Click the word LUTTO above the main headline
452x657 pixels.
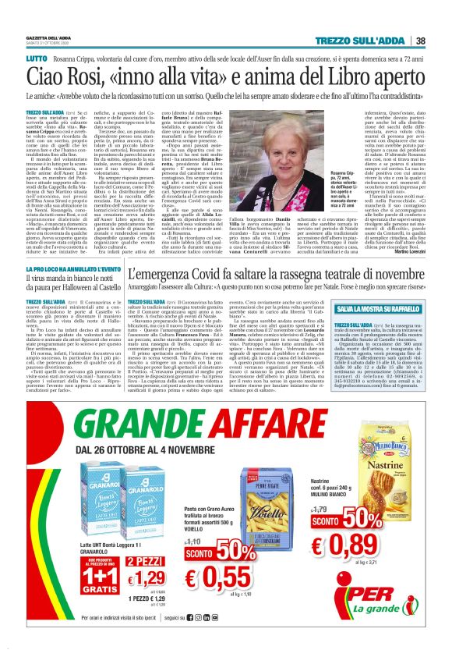(x=37, y=58)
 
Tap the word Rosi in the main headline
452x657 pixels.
(x=79, y=79)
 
